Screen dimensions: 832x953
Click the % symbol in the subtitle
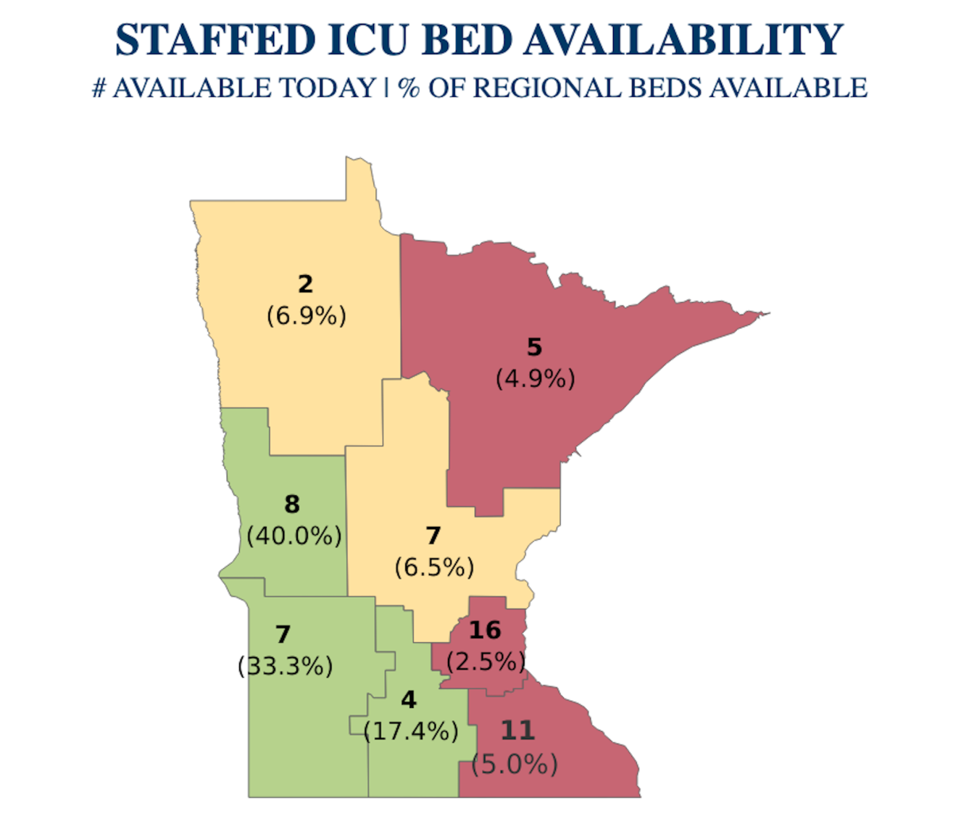[410, 87]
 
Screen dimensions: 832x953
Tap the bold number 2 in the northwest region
[305, 284]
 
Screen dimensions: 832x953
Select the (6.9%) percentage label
[307, 316]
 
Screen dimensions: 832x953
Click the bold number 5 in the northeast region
[534, 347]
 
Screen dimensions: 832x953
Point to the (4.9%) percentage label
[535, 379]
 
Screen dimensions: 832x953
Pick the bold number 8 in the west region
[292, 504]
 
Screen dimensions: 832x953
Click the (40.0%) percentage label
[294, 536]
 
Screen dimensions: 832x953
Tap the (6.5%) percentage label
[434, 567]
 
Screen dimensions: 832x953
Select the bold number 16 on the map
[484, 630]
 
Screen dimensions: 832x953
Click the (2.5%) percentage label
[486, 661]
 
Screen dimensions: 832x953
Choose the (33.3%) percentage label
[285, 666]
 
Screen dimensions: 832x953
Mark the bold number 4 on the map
[408, 699]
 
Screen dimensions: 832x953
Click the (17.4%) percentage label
[411, 731]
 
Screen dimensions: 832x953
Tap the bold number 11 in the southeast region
[517, 730]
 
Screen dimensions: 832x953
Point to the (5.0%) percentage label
[515, 764]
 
